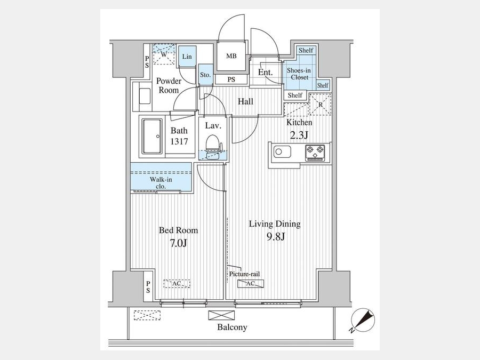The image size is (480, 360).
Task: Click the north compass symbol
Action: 363,320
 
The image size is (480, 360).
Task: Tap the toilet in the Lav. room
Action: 212,148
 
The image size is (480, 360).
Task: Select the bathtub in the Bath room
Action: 152,136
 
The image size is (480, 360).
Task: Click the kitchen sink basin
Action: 282,151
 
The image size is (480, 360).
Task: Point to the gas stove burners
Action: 315,152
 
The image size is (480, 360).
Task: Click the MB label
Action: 231,56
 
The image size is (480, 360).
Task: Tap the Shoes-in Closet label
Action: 299,74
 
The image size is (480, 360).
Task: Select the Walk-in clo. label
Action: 161,183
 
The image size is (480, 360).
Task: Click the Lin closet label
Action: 187,57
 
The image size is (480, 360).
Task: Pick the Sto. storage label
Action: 205,75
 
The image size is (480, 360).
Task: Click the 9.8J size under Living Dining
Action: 276,236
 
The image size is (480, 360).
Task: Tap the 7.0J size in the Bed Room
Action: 178,243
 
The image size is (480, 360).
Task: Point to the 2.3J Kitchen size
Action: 299,135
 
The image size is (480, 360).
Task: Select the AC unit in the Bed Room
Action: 177,284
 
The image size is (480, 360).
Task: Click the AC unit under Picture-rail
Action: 251,284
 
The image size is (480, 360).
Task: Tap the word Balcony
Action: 232,327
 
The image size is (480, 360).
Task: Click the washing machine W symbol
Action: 164,54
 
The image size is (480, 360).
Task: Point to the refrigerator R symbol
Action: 320,105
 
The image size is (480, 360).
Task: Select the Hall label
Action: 245,101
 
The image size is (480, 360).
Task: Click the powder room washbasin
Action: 145,96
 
